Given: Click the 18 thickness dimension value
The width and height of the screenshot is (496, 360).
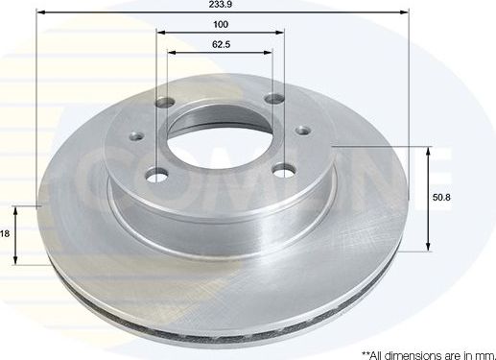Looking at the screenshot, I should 5,233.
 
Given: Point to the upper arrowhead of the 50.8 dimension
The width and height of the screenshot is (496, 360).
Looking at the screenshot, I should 429,150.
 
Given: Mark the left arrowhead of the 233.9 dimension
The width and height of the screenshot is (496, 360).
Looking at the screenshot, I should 41,14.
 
